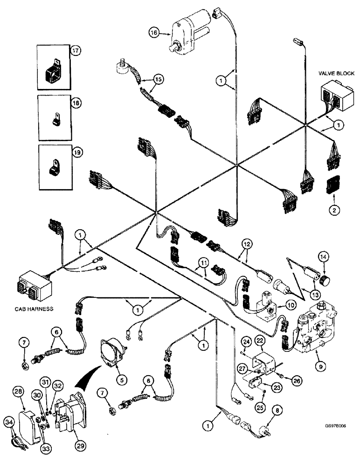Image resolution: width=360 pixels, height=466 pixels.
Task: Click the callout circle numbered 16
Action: coord(154,33)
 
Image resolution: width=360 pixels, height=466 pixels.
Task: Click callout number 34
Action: coord(8,423)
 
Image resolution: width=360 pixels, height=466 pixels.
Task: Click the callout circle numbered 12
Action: coord(246,243)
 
